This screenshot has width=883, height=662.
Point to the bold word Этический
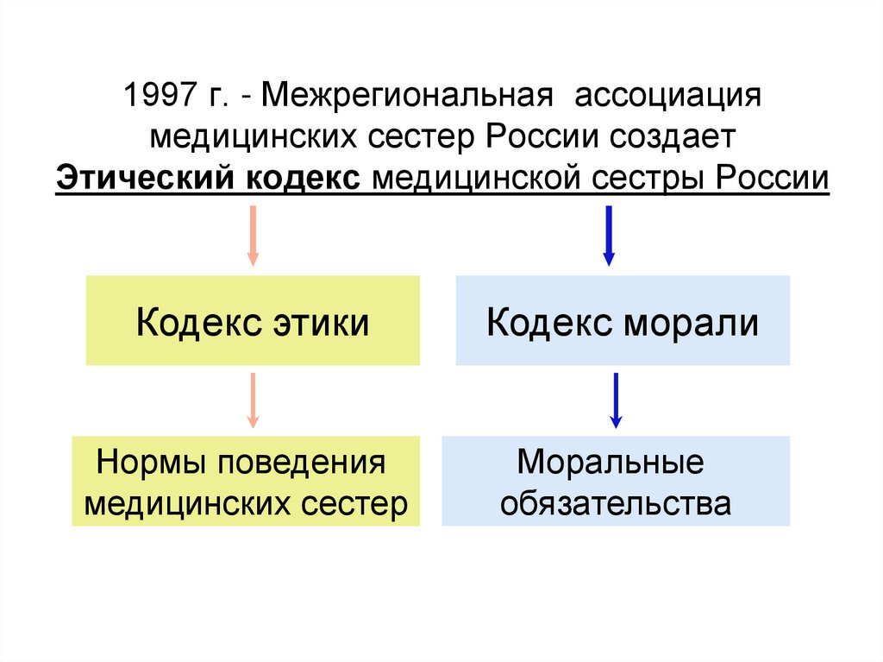pyautogui.click(x=147, y=179)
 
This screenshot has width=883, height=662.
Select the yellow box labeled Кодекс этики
pyautogui.click(x=253, y=320)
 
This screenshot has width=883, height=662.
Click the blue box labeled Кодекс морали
pyautogui.click(x=622, y=320)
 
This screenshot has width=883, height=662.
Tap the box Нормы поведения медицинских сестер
pyautogui.click(x=246, y=482)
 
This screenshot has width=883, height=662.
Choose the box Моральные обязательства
pyautogui.click(x=616, y=482)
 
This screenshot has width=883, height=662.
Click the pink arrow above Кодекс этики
pyautogui.click(x=253, y=234)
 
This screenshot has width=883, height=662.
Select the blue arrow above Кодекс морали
pyautogui.click(x=609, y=234)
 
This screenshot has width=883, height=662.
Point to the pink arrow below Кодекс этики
pyautogui.click(x=253, y=400)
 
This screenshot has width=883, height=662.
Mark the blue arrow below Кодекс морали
pyautogui.click(x=616, y=400)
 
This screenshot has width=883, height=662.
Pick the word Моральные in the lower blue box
pyautogui.click(x=611, y=463)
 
